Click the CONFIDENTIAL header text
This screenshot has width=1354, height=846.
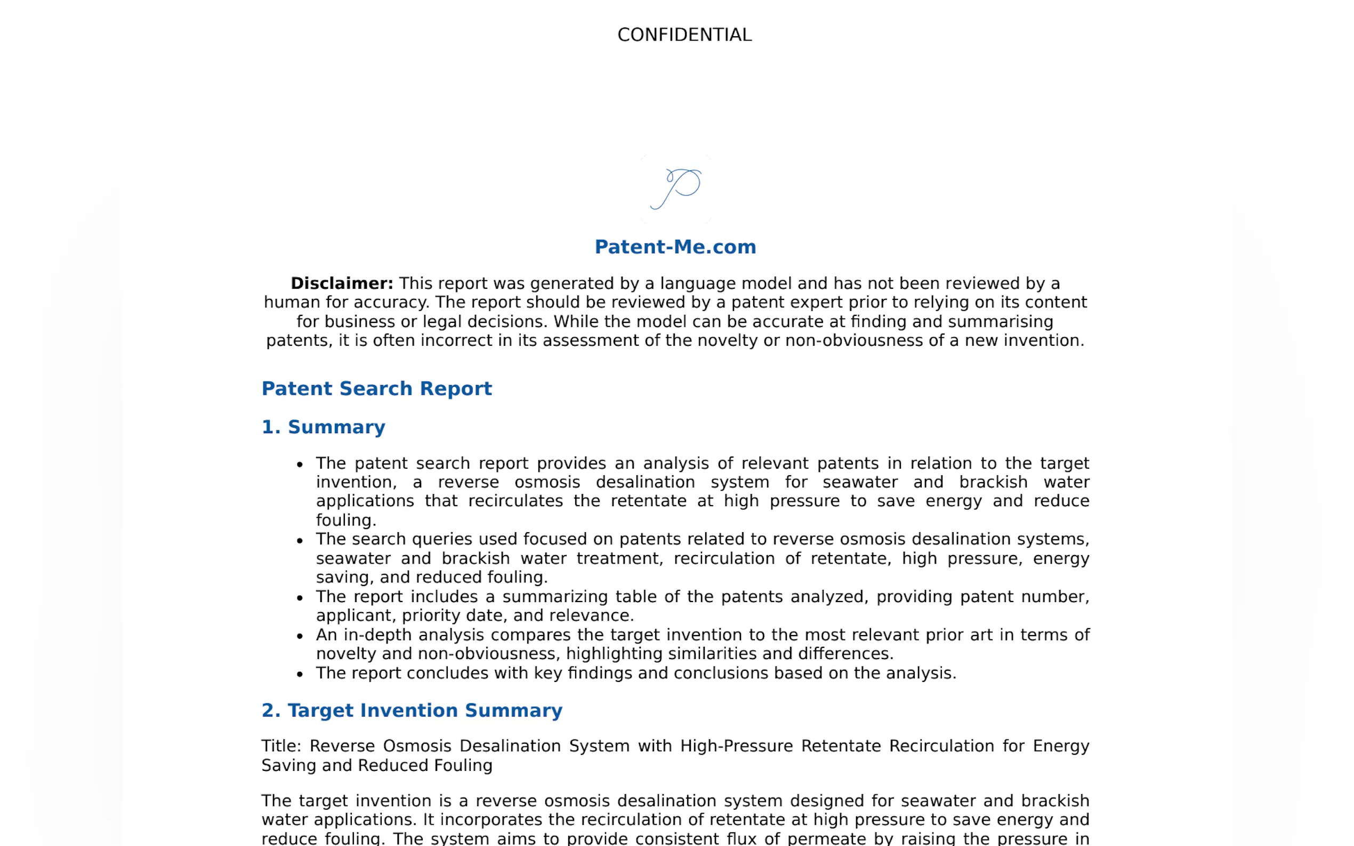coord(684,35)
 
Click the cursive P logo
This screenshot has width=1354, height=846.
coord(676,189)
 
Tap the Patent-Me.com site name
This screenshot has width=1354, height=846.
coord(675,247)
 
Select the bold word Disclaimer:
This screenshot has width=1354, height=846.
coord(342,283)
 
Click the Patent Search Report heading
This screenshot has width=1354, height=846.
coord(376,388)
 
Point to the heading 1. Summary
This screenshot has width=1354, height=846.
coord(323,427)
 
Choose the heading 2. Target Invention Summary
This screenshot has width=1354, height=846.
coord(412,710)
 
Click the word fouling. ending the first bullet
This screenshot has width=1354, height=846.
coord(345,520)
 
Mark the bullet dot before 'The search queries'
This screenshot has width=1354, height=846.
coord(300,541)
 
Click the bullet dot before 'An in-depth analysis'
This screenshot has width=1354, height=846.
coord(300,636)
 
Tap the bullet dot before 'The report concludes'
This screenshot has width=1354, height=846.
coord(300,674)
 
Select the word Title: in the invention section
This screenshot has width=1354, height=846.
coord(281,746)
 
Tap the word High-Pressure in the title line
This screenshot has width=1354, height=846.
coord(736,746)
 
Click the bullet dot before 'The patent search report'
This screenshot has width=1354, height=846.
coord(300,465)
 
